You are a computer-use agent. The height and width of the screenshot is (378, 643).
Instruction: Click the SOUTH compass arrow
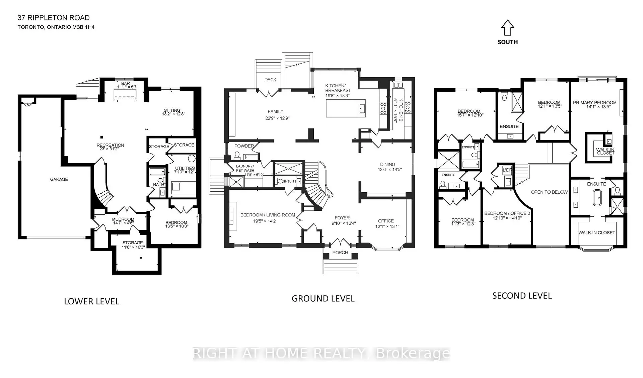coord(507,28)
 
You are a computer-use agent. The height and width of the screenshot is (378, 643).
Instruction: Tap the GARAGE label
coord(59,179)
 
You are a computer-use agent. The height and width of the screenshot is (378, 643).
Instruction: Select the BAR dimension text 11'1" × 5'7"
coord(126,87)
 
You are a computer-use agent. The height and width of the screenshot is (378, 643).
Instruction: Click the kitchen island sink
coord(361,108)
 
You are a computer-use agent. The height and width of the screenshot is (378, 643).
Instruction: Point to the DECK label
coord(270,80)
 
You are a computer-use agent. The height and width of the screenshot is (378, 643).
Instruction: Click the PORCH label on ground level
coord(340,253)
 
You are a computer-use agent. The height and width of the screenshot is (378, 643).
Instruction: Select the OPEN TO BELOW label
coord(549,192)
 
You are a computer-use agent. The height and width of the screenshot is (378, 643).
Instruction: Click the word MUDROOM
coord(123,219)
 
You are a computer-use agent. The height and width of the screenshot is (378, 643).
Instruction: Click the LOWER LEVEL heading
coord(91,301)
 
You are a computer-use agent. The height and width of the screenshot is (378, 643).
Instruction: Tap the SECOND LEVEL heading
coord(522,296)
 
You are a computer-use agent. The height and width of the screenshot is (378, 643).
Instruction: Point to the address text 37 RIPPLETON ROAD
coord(54,18)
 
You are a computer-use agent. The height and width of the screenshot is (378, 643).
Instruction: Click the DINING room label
coord(387,164)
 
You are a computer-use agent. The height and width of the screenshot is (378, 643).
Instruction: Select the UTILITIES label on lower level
coord(185,168)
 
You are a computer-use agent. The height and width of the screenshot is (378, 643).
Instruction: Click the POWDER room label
coord(244,146)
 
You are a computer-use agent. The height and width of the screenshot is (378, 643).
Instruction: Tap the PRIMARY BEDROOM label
coord(594,103)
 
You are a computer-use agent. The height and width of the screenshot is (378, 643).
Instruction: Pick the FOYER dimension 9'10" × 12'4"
coord(344,223)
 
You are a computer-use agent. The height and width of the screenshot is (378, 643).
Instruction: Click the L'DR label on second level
coord(507,170)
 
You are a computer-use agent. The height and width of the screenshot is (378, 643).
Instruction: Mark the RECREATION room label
coord(110,145)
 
